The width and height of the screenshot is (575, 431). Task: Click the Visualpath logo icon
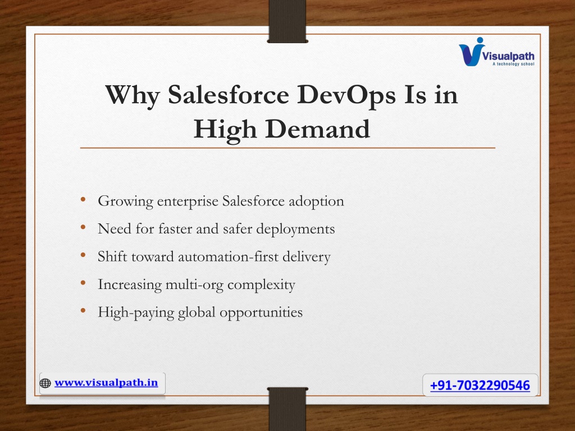coord(471,52)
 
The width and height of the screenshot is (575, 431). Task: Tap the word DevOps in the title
coord(346,95)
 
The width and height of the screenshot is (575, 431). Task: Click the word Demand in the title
coord(318,129)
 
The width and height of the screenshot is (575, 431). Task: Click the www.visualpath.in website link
coord(106,383)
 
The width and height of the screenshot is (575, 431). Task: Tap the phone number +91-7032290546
coord(480,385)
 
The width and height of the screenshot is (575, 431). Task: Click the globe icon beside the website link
coord(45,383)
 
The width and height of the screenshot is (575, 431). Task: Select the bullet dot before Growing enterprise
coord(83,199)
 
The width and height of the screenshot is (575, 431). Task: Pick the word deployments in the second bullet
coord(295,230)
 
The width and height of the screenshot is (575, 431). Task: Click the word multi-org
coord(194,285)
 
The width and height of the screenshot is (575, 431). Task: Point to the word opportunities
coord(261,313)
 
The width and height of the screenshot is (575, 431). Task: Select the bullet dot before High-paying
coord(83,311)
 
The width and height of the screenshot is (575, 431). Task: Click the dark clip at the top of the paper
coord(287,21)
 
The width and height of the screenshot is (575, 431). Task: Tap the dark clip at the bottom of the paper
coord(287,409)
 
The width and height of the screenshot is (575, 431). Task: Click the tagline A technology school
coord(513,64)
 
